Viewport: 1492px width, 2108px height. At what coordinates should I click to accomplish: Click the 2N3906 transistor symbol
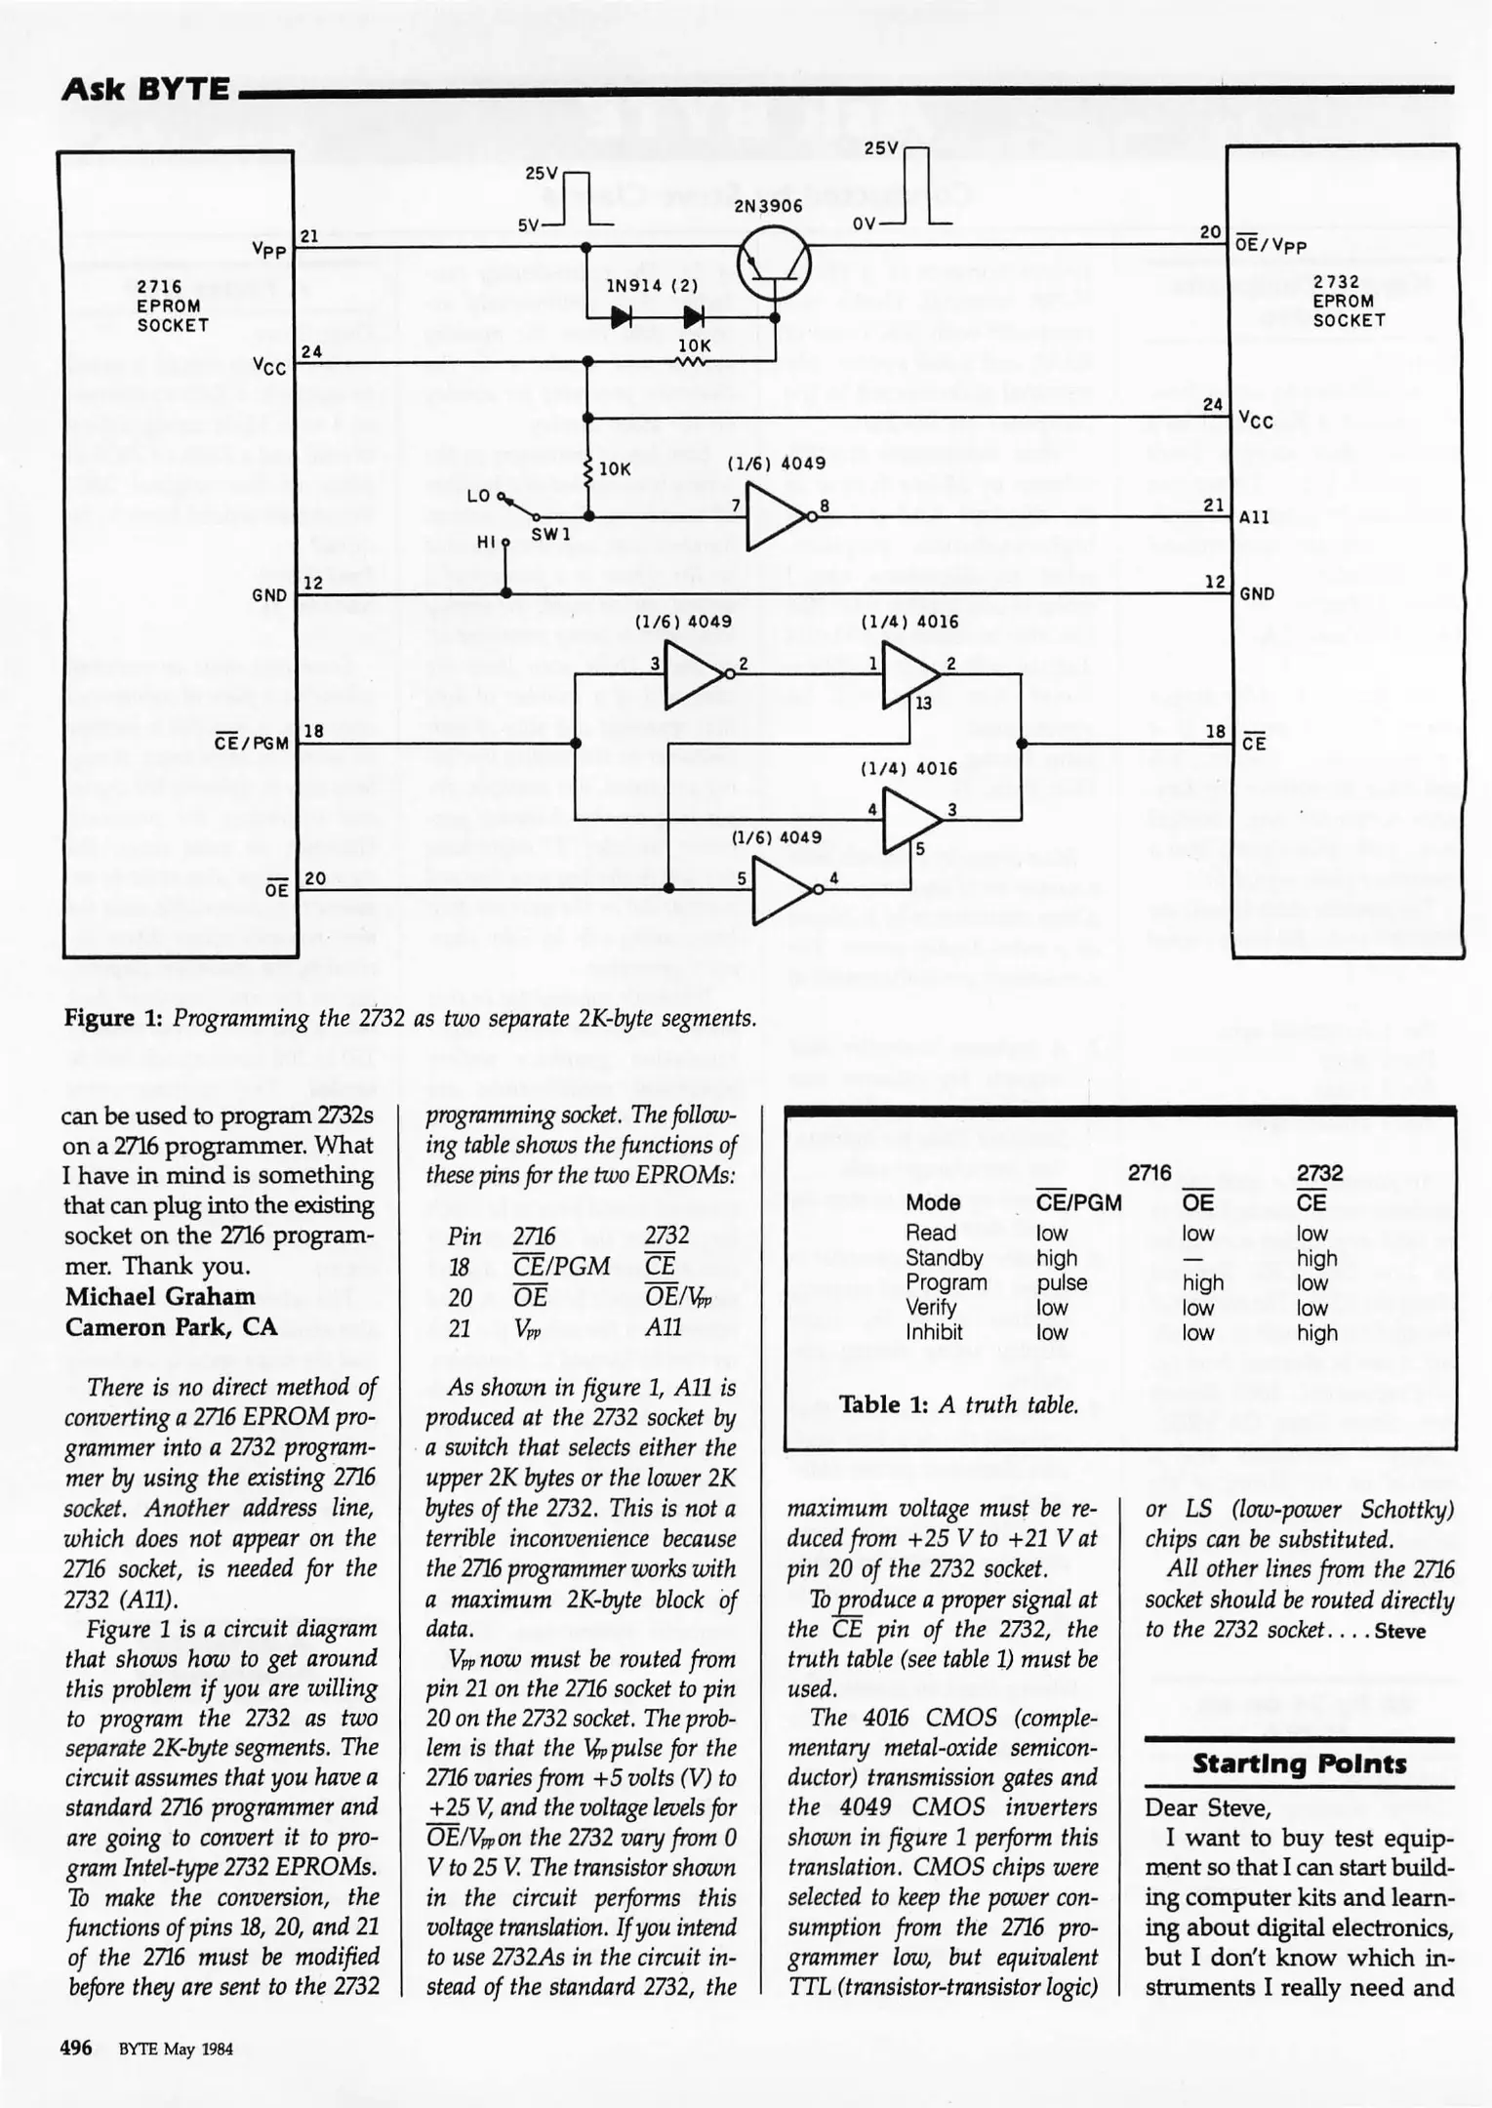pyautogui.click(x=774, y=263)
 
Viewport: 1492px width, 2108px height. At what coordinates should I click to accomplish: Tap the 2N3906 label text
pyautogui.click(x=768, y=206)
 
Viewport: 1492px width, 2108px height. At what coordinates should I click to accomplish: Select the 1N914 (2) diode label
pyautogui.click(x=652, y=286)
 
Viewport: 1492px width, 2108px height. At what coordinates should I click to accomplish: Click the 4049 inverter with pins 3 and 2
pyautogui.click(x=695, y=673)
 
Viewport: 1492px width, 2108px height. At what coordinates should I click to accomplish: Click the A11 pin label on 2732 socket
pyautogui.click(x=1254, y=517)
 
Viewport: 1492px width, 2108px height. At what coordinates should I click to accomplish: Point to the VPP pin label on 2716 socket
pyautogui.click(x=269, y=251)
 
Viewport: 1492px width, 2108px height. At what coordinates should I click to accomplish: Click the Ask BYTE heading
pyautogui.click(x=144, y=90)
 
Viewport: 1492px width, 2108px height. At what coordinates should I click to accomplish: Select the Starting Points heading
pyautogui.click(x=1299, y=1764)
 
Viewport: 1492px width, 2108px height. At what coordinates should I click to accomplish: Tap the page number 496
pyautogui.click(x=76, y=2047)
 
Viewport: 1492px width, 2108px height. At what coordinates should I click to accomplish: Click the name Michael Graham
pyautogui.click(x=160, y=1296)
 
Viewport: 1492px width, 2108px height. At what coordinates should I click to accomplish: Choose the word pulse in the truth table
pyautogui.click(x=1062, y=1282)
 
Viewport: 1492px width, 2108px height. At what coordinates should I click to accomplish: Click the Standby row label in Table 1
pyautogui.click(x=944, y=1258)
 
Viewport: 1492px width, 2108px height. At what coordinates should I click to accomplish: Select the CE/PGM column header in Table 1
pyautogui.click(x=1078, y=1202)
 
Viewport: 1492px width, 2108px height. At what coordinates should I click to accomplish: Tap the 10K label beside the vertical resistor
pyautogui.click(x=615, y=468)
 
